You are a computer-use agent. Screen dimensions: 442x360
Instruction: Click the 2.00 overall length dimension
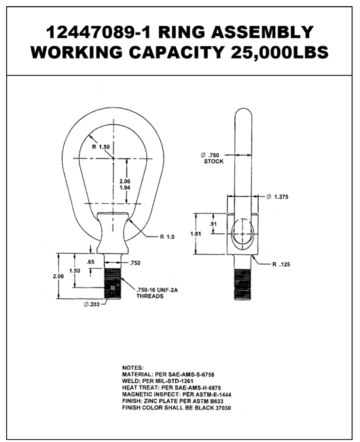point(60,277)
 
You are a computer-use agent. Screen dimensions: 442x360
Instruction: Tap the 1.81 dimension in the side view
point(196,234)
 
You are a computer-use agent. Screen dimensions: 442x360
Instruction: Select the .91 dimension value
point(213,224)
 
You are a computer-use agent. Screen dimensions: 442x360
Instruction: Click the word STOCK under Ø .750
point(213,162)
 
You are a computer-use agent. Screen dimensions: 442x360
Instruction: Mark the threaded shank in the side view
point(243,284)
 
